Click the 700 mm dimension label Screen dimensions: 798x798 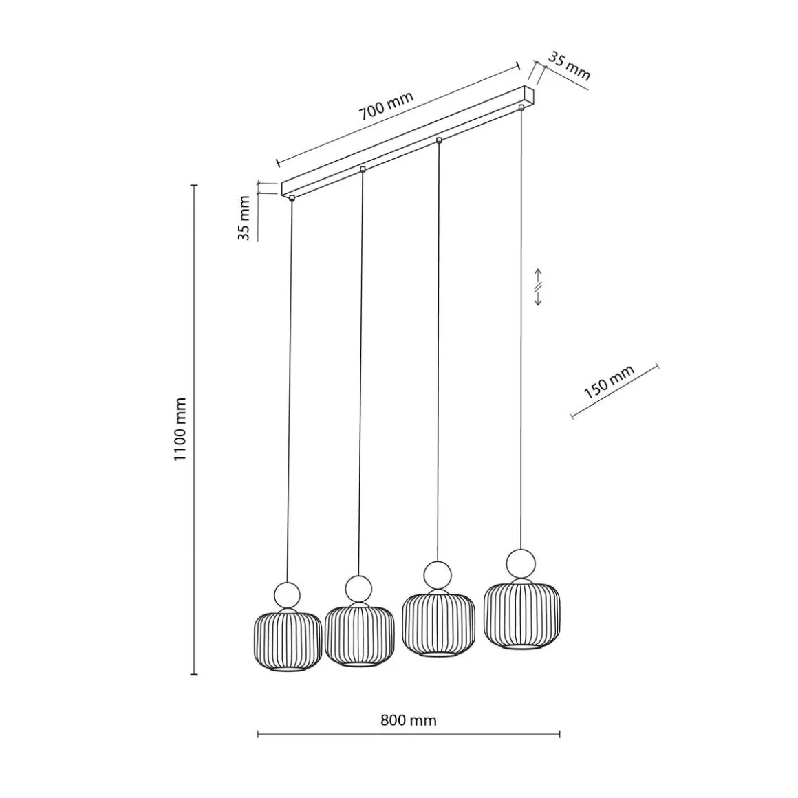point(386,105)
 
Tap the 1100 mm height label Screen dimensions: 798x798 point(181,429)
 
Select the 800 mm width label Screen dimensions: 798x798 point(408,720)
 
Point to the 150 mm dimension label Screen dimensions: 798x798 point(609,382)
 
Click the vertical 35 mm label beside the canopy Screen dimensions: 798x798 point(244,218)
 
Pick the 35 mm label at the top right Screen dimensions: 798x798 point(569,66)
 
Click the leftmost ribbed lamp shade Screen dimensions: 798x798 point(288,641)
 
